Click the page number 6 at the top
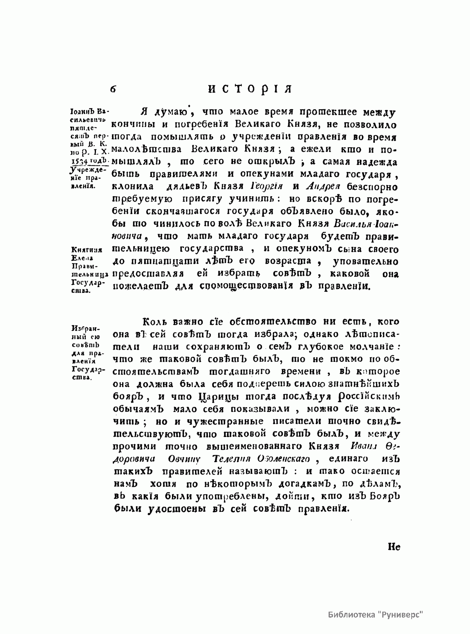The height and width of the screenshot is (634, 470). tap(113, 89)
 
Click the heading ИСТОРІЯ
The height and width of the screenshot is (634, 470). tap(250, 89)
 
